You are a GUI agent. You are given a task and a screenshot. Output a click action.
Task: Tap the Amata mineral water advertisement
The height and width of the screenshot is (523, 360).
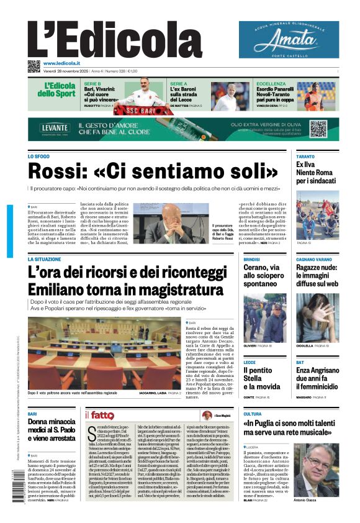pyautogui.click(x=289, y=40)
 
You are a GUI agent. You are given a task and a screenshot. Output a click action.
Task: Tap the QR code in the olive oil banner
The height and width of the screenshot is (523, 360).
pyautogui.click(x=318, y=129)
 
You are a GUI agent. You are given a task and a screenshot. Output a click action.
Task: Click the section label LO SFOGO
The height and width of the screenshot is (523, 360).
pyautogui.click(x=39, y=157)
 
